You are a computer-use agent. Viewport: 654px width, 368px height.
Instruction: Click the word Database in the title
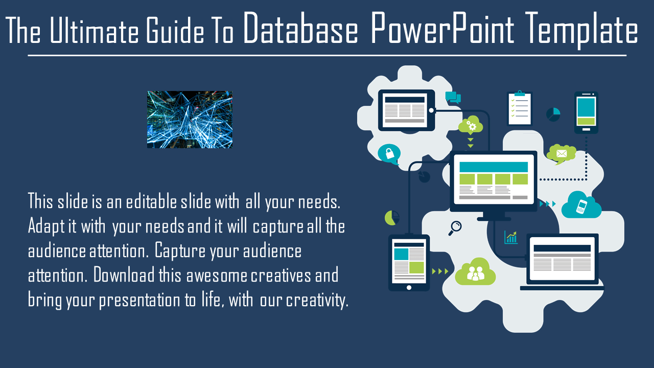tap(301, 28)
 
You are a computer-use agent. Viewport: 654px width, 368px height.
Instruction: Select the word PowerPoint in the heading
tap(442, 28)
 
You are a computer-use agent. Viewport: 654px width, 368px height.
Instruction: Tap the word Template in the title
tap(581, 31)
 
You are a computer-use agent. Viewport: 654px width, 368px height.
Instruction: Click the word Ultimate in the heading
tap(94, 30)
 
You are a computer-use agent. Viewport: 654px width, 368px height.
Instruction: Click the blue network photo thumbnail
tap(190, 120)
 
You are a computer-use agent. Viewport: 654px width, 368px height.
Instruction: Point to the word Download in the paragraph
tap(124, 275)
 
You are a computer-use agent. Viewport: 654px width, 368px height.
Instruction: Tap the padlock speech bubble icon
tap(389, 154)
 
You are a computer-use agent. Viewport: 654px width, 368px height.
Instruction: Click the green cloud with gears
tap(471, 125)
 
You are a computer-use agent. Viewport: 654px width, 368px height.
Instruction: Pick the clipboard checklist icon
tap(520, 108)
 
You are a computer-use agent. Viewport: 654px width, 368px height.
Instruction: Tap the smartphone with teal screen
tap(586, 112)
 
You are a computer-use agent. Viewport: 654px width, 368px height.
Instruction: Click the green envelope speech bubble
tap(561, 154)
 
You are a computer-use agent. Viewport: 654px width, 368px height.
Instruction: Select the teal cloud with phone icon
tap(581, 205)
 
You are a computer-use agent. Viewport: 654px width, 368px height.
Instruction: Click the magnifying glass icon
tap(455, 228)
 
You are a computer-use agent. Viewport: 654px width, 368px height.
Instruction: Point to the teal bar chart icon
tap(511, 237)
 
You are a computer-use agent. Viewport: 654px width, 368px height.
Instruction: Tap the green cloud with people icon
tap(475, 272)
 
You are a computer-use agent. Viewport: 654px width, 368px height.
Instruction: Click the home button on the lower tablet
tap(409, 288)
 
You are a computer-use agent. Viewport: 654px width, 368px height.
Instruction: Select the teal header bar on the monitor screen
tap(494, 167)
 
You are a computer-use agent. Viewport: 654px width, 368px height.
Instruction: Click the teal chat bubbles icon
tap(453, 97)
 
